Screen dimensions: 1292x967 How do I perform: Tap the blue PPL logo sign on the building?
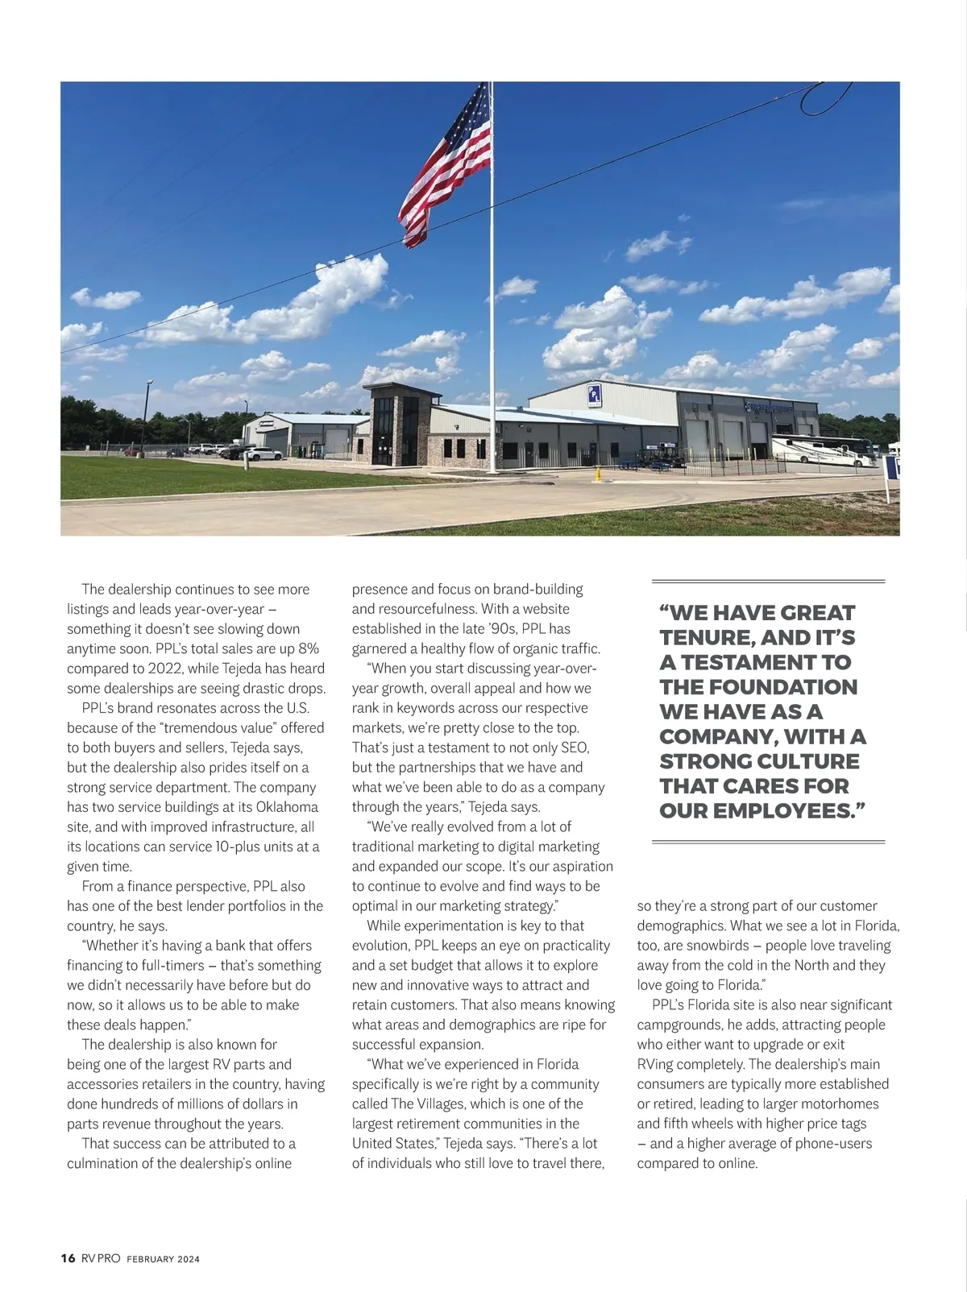594,395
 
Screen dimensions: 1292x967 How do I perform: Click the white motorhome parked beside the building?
822,451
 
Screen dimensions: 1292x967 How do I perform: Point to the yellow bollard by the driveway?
597,474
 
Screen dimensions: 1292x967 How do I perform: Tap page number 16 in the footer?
68,1258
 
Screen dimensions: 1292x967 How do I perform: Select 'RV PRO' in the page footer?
101,1258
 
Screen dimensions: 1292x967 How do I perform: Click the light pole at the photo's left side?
147,415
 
